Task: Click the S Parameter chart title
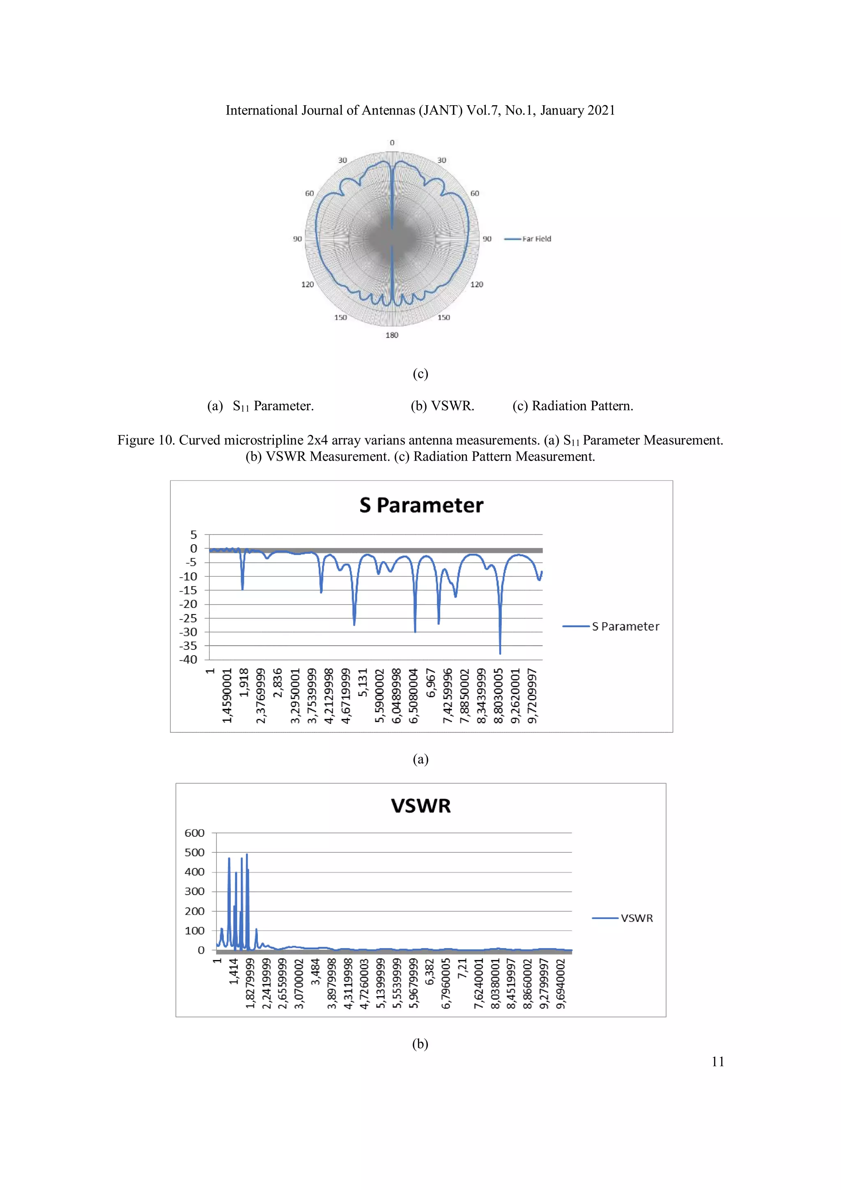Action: click(x=421, y=505)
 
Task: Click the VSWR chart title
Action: click(x=421, y=806)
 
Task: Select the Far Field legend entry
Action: click(x=536, y=239)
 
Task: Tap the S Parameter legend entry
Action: click(x=625, y=626)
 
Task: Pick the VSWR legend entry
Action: click(x=636, y=918)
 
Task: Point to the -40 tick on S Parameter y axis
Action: click(x=188, y=660)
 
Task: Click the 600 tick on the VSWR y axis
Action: click(x=194, y=833)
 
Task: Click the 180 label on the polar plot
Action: click(x=392, y=335)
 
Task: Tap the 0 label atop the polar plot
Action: click(x=392, y=143)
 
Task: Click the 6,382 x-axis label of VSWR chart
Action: click(x=430, y=972)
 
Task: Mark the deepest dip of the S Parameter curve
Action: click(x=500, y=653)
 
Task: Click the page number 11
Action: click(x=718, y=1062)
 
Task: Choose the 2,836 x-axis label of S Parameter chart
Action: click(x=278, y=684)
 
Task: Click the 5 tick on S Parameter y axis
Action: click(x=193, y=534)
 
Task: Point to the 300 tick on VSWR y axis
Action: click(x=194, y=891)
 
